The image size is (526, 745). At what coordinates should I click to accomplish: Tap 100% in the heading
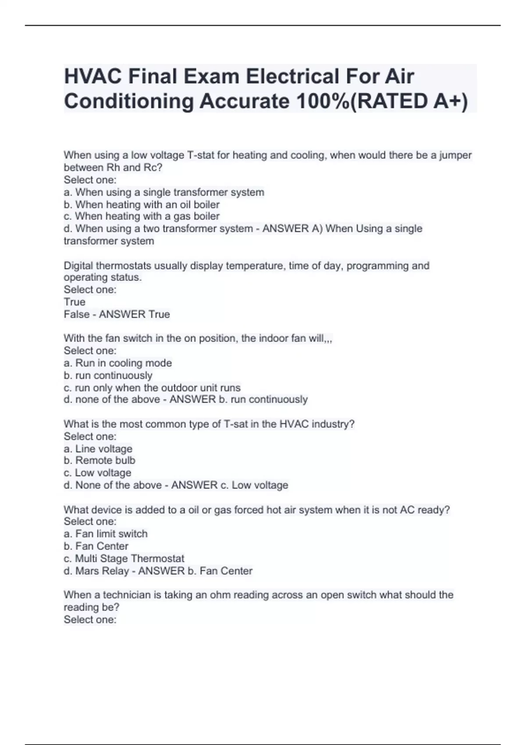pos(321,101)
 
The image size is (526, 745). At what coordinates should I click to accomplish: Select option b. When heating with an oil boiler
pos(142,205)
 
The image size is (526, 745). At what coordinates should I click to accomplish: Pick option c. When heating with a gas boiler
pos(142,216)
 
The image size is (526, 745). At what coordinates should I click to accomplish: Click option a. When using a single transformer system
pos(164,192)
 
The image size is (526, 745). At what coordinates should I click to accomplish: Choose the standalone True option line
pos(75,302)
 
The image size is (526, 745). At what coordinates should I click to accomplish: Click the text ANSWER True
pos(135,314)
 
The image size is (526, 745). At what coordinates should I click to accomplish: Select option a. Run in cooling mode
pos(118,363)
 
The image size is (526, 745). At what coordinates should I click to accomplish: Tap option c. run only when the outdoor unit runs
pos(152,388)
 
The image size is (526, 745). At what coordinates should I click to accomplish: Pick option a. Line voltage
pos(98,449)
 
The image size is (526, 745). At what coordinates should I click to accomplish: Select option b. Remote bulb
pos(100,461)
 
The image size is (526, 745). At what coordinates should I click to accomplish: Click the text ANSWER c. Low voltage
pos(230,485)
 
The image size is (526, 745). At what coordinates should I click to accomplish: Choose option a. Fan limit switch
pos(106,534)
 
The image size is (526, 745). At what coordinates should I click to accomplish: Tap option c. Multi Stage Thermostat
pos(124,559)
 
